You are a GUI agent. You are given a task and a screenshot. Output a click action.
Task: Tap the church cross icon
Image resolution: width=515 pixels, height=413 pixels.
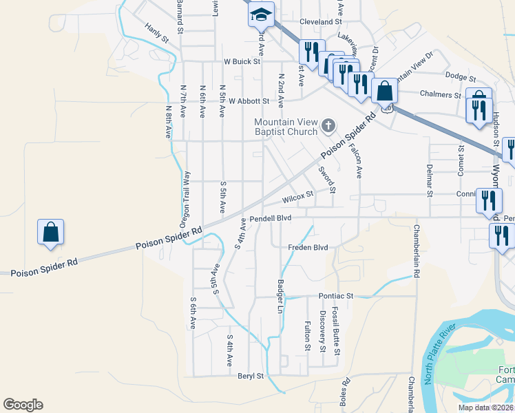click(328, 126)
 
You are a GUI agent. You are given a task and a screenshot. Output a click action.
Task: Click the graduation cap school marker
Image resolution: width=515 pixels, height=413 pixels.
click(261, 14)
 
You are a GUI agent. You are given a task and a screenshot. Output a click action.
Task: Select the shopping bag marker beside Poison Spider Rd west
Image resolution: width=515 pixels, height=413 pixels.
click(51, 233)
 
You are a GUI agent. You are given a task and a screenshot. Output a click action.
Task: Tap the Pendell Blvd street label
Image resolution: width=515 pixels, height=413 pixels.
click(271, 218)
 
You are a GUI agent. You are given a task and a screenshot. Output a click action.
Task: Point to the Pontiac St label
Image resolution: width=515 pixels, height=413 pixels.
click(335, 296)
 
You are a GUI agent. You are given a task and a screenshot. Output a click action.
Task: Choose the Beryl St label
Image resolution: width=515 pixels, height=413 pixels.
click(251, 376)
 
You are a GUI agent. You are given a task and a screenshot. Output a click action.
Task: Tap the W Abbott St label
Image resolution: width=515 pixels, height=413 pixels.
click(249, 101)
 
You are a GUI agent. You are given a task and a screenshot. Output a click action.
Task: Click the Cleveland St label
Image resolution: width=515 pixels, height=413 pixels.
click(321, 22)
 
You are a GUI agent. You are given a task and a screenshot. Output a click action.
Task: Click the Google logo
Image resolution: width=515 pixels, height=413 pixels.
click(23, 405)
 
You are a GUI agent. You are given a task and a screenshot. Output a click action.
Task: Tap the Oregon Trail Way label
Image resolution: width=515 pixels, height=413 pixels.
click(184, 200)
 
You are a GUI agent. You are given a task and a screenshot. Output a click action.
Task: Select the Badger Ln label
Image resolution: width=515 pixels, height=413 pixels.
click(280, 297)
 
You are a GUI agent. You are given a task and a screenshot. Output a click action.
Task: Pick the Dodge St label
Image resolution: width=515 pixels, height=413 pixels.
click(461, 76)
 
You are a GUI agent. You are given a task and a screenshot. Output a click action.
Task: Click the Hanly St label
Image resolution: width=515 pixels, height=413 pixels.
click(157, 34)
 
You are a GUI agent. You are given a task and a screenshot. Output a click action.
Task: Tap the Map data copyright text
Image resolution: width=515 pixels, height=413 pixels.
click(485, 407)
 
